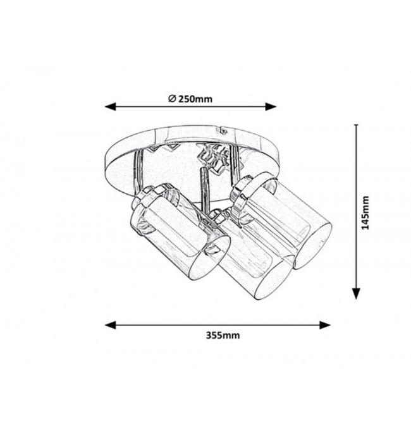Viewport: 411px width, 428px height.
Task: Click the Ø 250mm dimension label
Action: (x=190, y=99)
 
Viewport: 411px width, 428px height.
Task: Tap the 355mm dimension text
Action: (x=223, y=335)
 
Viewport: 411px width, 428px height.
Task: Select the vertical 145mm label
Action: (x=365, y=212)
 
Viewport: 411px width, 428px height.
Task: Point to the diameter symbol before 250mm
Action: (x=172, y=98)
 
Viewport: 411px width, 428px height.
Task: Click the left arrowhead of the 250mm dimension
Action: (x=110, y=107)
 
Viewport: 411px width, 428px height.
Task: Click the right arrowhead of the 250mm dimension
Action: (x=271, y=107)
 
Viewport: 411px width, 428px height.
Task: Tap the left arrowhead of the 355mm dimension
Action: (x=110, y=325)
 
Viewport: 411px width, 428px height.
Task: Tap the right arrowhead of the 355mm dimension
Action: (x=325, y=325)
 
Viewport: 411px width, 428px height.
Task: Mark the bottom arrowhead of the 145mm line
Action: (x=356, y=294)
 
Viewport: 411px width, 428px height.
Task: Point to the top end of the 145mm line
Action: (x=356, y=125)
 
